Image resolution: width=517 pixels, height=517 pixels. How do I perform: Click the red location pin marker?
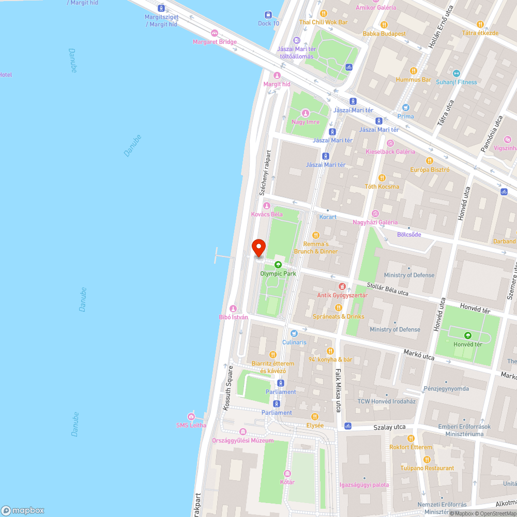(258, 248)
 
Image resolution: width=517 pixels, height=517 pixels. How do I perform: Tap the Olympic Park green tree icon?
(278, 265)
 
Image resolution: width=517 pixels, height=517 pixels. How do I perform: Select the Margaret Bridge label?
(215, 42)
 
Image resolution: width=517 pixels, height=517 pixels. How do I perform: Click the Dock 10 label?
(268, 23)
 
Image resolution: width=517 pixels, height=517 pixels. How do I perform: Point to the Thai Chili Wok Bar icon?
(324, 13)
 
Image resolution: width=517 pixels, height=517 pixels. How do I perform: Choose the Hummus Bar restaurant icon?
(413, 71)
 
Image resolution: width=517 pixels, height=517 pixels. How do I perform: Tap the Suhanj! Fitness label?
(456, 82)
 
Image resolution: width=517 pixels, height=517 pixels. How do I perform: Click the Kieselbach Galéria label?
(390, 151)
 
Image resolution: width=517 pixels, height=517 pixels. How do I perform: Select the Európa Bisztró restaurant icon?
(430, 161)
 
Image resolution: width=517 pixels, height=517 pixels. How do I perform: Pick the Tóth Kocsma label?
(382, 187)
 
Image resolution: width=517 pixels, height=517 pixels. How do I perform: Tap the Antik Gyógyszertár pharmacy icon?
(342, 286)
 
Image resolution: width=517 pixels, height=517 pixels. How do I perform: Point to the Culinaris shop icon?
(294, 333)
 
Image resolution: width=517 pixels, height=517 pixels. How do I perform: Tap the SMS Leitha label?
(191, 425)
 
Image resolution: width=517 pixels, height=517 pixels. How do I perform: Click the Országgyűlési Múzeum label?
(242, 440)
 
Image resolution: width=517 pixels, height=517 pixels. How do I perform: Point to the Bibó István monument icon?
(233, 308)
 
